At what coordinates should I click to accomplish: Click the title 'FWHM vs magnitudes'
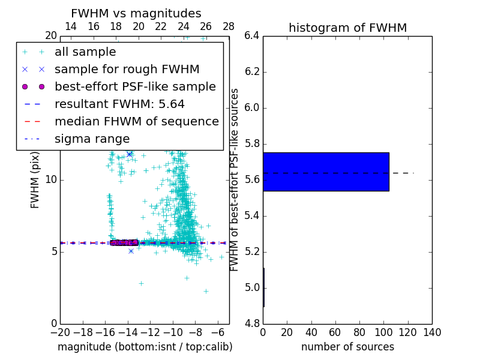pos(136,13)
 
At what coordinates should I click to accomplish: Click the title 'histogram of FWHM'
pos(347,28)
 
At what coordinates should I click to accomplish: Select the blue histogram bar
pos(326,172)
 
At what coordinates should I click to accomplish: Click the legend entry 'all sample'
pos(85,52)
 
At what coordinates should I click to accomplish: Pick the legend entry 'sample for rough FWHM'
pos(127,69)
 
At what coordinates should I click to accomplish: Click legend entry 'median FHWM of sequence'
pos(136,121)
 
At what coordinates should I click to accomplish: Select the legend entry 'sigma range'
pos(92,139)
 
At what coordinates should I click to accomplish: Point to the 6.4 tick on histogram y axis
pos(252,36)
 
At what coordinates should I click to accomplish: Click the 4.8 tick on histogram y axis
pos(252,323)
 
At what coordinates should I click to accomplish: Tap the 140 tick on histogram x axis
pos(432,332)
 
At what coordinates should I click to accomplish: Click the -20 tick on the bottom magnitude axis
pos(60,332)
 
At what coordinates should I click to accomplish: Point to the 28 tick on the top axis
pos(229,26)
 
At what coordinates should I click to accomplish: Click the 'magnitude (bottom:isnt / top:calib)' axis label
pos(145,347)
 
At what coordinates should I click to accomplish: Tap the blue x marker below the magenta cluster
pos(131,251)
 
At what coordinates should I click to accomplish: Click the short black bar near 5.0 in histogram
pos(263,287)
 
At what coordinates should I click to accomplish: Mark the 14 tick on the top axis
pos(70,26)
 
